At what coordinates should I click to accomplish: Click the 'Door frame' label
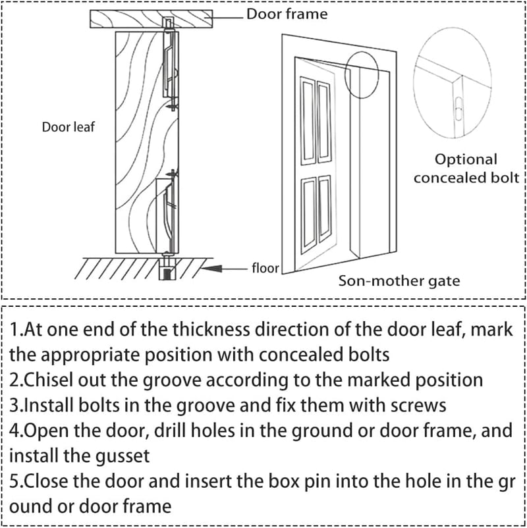pos(287,14)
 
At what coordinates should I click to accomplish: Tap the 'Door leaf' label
pos(68,127)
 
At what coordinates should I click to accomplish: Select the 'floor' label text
pos(265,268)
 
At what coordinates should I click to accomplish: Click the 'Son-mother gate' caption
pos(399,281)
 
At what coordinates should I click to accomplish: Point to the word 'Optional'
pos(466,159)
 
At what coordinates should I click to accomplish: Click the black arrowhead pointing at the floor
pos(211,269)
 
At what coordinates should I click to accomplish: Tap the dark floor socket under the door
pos(167,273)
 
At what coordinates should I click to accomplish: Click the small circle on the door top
pos(362,75)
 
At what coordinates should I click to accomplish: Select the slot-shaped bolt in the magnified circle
pos(458,109)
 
